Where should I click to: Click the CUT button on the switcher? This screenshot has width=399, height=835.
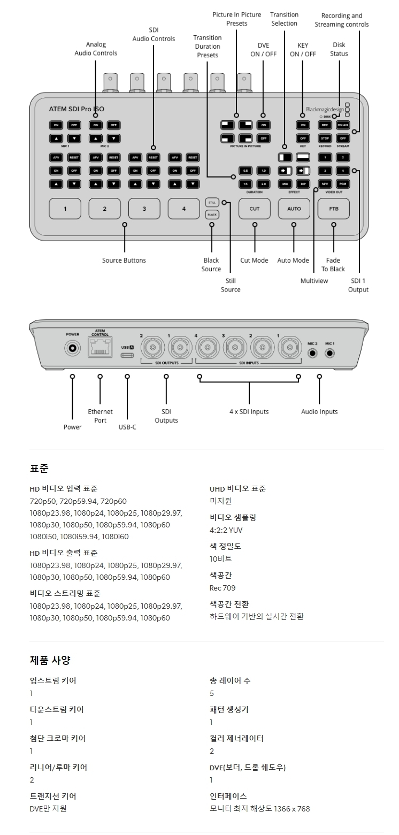255,209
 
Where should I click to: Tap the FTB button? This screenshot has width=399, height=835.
334,209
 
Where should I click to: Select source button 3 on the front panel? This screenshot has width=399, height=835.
144,209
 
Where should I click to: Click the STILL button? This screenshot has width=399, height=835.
212,203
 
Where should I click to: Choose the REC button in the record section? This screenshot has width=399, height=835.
325,125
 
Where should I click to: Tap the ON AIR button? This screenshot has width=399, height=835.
343,125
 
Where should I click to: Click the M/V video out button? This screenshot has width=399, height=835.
325,183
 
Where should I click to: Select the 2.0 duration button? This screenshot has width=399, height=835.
263,183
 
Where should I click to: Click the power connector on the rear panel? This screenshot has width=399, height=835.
72,349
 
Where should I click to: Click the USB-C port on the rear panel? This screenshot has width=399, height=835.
127,354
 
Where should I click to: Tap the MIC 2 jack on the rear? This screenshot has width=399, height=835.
313,354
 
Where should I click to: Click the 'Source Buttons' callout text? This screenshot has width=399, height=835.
124,261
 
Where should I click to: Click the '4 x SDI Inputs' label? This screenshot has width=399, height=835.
249,411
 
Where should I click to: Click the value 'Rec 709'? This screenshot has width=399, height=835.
222,588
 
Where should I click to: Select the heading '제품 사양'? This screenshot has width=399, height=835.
50,660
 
